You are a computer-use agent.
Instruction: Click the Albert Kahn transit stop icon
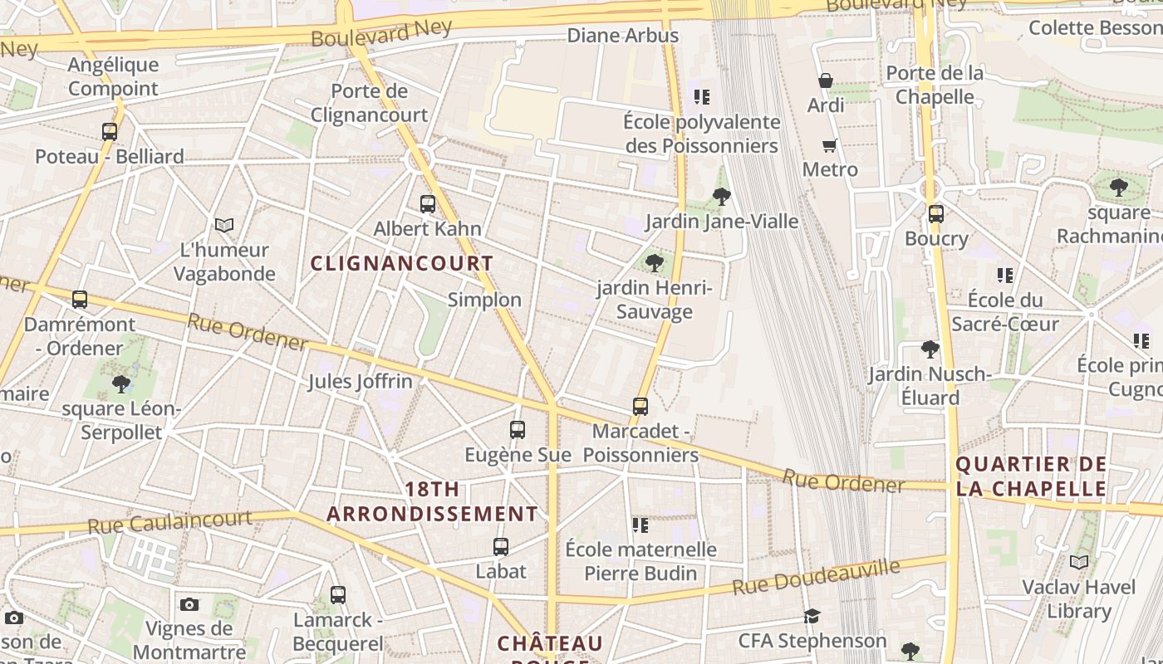428,203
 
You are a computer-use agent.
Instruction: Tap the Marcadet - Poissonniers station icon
640,407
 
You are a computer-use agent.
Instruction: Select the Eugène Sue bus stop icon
518,430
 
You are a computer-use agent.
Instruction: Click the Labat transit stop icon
501,547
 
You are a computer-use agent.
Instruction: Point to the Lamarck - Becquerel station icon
338,595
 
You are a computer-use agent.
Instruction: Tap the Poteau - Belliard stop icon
110,132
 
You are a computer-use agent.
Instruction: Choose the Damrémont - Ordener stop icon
80,300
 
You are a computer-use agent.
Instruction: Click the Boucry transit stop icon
936,214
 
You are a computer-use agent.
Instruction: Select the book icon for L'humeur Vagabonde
224,225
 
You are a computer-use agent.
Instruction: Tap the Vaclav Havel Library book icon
1079,563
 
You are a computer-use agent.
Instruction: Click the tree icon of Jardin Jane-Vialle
722,197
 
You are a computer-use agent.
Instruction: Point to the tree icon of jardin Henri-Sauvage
655,263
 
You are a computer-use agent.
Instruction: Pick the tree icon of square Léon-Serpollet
121,383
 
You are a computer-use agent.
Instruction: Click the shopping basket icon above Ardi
826,81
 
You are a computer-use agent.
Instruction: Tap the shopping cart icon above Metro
829,146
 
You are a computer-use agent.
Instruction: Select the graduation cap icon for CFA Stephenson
812,616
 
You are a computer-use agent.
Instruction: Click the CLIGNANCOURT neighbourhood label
402,264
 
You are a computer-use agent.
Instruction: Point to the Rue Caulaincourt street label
169,522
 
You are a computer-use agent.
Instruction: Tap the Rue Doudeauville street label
816,578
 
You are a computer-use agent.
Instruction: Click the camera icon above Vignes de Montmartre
189,604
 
